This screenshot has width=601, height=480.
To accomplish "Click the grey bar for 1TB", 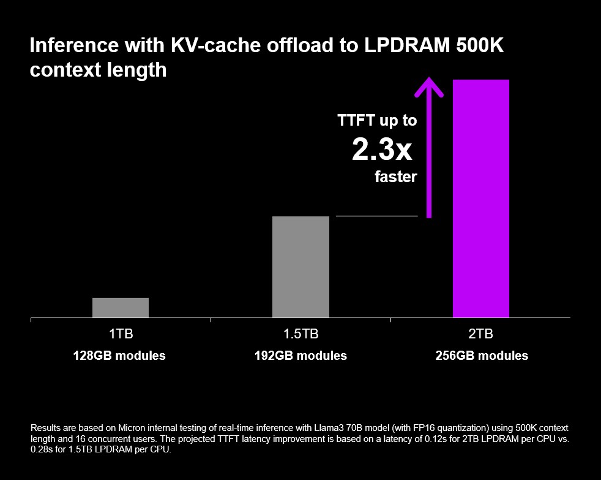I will pos(121,308).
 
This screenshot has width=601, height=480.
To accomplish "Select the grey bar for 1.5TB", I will pos(300,267).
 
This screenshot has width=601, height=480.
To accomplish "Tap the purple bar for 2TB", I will pos(480,199).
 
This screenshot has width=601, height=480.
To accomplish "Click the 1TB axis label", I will pos(121,334).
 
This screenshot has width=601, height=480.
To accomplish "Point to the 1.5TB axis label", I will pos(300,334).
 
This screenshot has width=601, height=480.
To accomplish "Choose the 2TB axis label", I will pos(480,334).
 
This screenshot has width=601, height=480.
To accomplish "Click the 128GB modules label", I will pos(119,356).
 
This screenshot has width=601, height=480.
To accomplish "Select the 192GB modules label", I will pos(300,356).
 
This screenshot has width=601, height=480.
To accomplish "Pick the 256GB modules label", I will pos(482,356).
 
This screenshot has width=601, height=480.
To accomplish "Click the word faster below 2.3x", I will pos(395,177).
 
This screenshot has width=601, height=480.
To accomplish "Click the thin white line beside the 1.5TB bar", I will pos(376,216).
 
